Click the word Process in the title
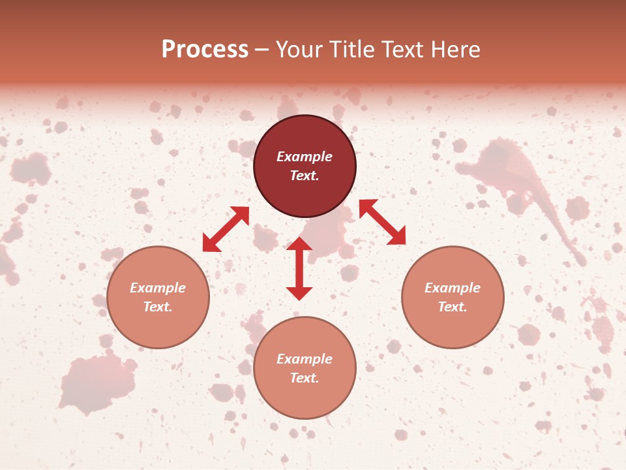205,50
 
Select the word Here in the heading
454,50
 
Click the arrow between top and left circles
226,229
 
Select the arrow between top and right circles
382,222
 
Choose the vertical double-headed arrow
299,268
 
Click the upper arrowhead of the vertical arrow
299,243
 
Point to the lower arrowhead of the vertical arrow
299,293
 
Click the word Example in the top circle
305,157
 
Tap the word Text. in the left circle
158,307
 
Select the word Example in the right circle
453,288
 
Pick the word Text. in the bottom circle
305,378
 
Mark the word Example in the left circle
158,288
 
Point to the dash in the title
262,50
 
